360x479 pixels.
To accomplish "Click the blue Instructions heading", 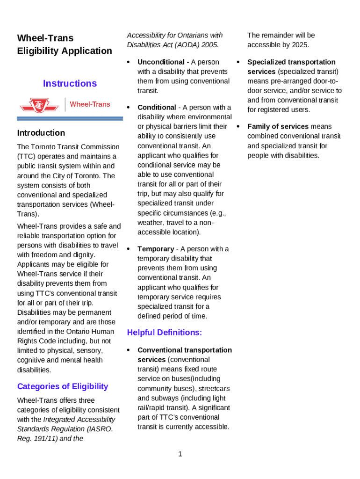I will coord(70,84).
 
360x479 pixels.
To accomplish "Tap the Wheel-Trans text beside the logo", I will coord(90,104).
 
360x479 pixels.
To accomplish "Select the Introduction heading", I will coord(41,133).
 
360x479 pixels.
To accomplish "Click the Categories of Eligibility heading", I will coord(63,386).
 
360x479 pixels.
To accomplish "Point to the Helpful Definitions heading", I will coord(165,333).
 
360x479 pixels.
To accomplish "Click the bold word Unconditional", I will coord(161,62).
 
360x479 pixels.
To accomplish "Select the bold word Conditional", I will coord(157,108).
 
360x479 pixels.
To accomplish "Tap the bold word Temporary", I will coord(156,249).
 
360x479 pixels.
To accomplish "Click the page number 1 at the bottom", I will coord(180,454).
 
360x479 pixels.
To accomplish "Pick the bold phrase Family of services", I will coord(278,126).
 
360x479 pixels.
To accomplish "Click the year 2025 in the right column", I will coord(301,45).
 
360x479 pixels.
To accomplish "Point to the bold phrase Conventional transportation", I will coord(184,350).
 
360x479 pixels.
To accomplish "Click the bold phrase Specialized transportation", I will coord(291,62).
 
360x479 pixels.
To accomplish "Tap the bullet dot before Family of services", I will coord(238,126).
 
